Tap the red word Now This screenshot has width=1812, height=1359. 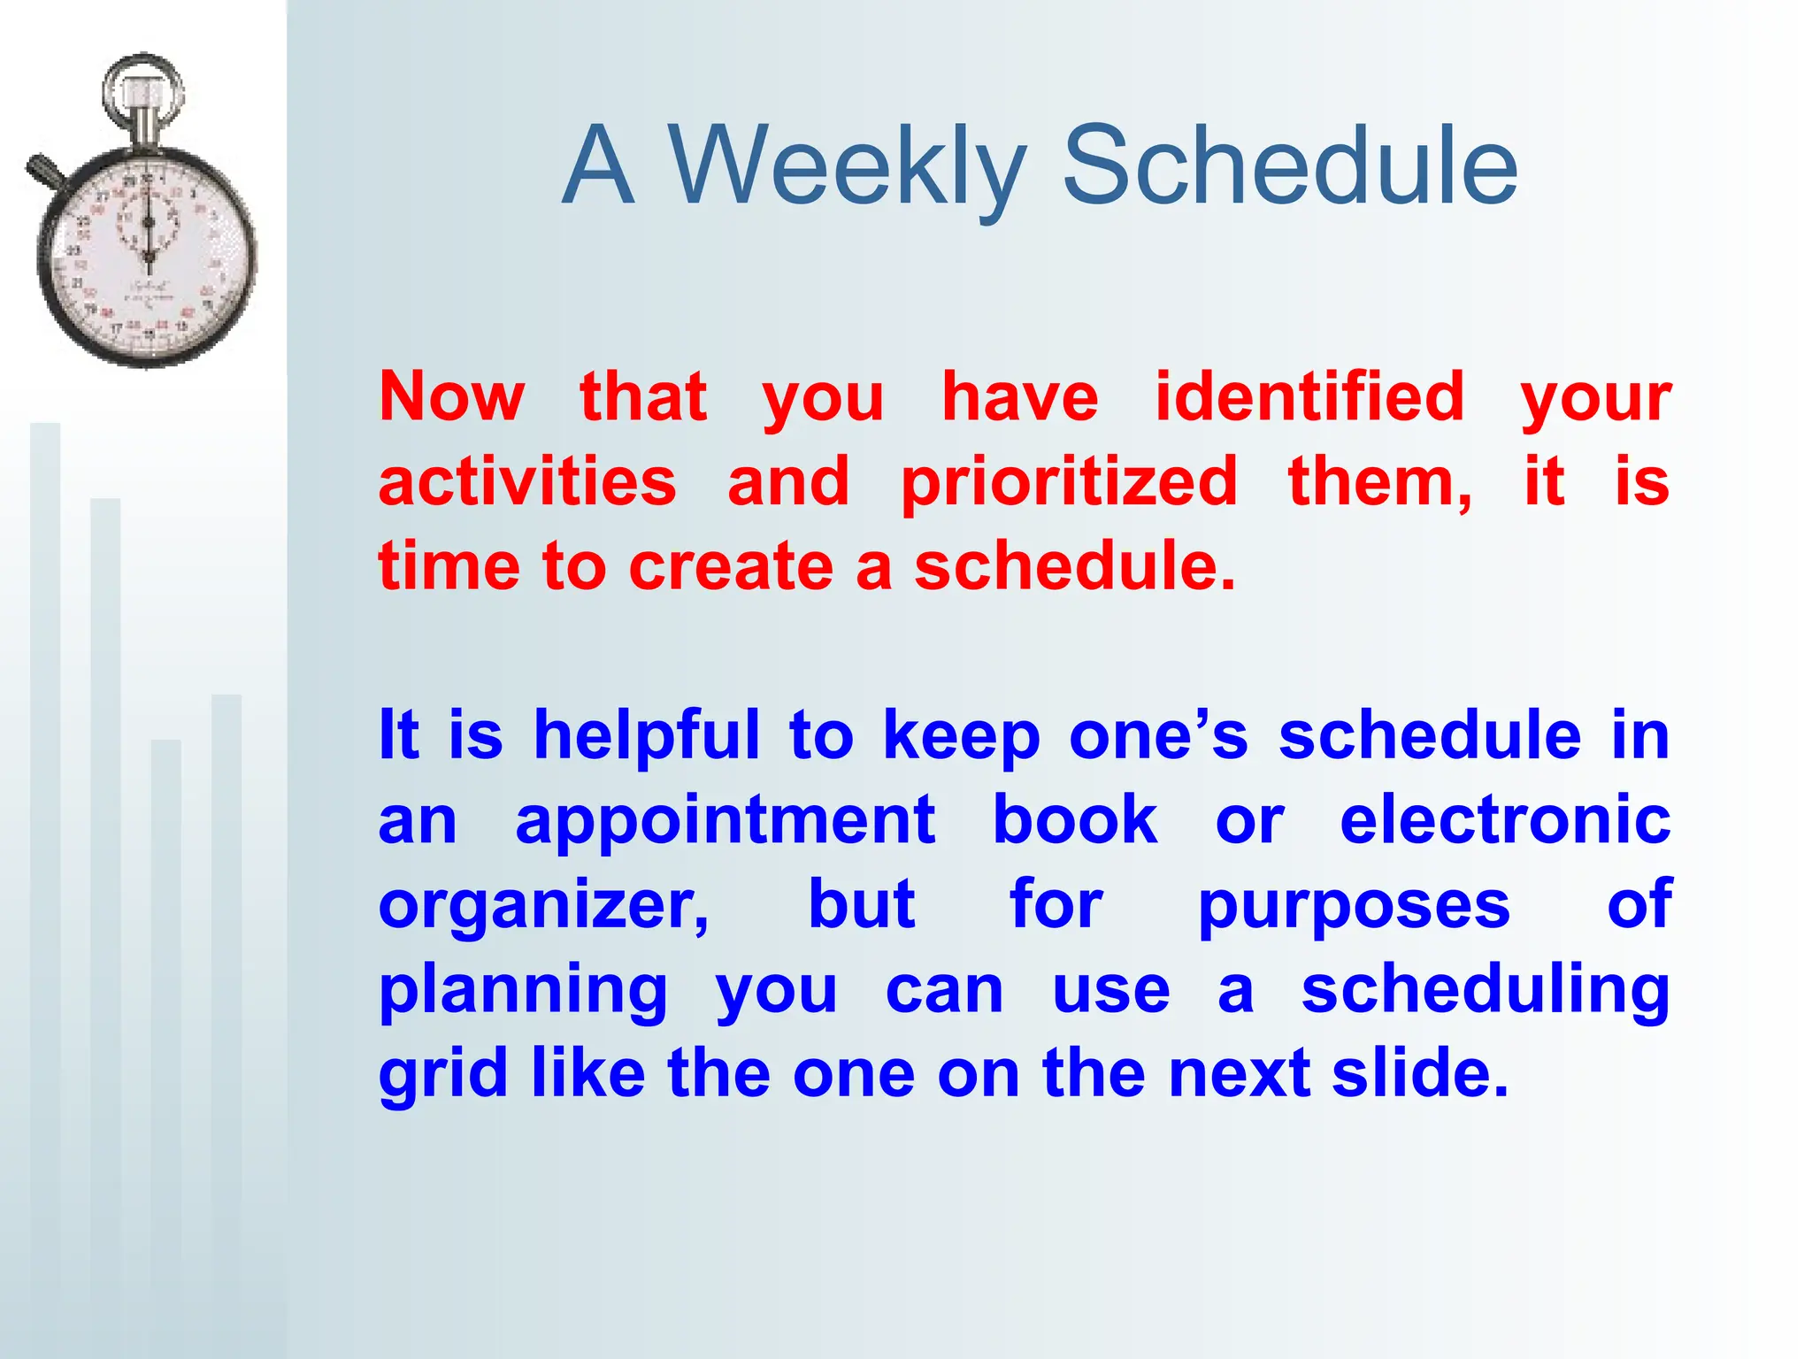click(x=451, y=397)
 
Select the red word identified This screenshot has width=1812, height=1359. click(x=1309, y=397)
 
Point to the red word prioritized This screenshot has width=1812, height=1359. click(x=1069, y=482)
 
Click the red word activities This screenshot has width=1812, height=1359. click(x=527, y=482)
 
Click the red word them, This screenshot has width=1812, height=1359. click(x=1380, y=482)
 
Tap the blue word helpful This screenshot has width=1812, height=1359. click(x=646, y=736)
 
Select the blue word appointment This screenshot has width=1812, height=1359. click(x=726, y=821)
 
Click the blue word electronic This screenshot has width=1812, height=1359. click(x=1504, y=821)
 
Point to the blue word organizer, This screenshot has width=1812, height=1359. click(x=543, y=906)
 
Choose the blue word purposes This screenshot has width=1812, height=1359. click(x=1354, y=906)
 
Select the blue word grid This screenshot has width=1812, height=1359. click(x=442, y=1074)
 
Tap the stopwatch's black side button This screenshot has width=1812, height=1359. click(x=42, y=170)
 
